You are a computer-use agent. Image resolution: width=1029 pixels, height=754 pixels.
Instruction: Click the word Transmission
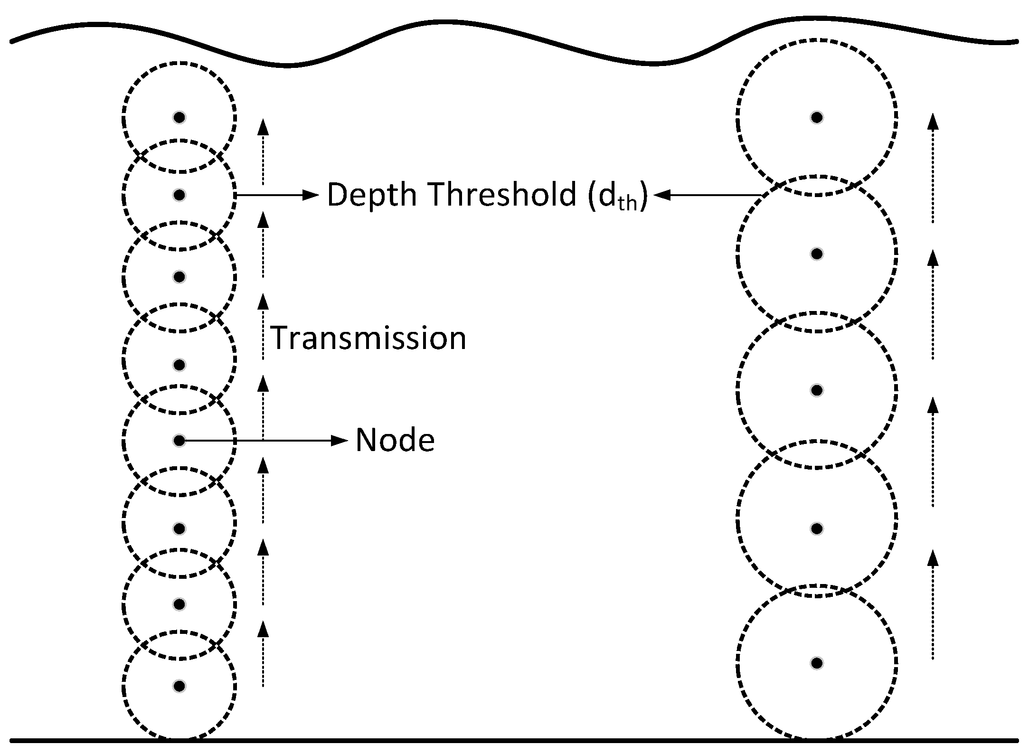click(x=368, y=338)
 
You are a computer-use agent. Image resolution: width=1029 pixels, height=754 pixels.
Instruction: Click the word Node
click(x=395, y=440)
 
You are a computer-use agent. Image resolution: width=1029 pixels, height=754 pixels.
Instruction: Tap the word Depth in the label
click(x=371, y=195)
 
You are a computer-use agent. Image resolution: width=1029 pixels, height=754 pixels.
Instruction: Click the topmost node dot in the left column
click(x=179, y=117)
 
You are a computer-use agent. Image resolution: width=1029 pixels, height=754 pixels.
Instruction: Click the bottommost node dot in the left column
click(x=179, y=686)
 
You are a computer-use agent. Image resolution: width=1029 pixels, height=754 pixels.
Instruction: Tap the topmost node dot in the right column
click(x=816, y=117)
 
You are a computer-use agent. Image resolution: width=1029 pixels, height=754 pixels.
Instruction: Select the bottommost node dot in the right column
click(x=816, y=663)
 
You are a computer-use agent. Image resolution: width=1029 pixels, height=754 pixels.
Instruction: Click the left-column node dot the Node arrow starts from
click(x=179, y=441)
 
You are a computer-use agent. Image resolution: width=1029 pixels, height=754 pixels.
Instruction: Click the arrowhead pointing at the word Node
click(x=340, y=441)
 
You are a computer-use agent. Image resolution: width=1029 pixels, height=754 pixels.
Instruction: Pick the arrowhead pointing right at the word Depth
click(x=311, y=195)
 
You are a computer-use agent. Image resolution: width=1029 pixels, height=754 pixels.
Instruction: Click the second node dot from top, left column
click(x=179, y=195)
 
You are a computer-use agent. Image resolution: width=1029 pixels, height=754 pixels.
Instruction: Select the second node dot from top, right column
click(x=816, y=254)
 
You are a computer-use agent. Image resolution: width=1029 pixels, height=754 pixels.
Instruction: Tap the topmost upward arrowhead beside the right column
click(x=933, y=122)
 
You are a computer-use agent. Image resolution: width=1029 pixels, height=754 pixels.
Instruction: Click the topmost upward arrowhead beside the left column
click(x=263, y=127)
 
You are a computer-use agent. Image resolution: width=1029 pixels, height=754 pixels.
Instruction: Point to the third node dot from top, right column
click(x=816, y=390)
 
